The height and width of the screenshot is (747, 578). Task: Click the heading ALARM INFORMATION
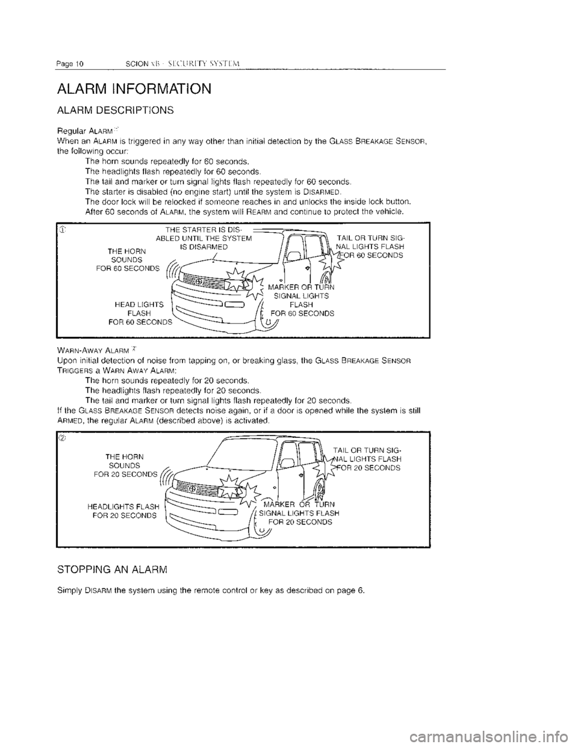click(x=133, y=90)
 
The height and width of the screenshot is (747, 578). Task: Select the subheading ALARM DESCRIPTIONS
click(x=115, y=110)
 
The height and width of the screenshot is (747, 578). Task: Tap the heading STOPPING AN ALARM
click(x=111, y=568)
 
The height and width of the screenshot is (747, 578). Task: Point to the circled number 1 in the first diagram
click(x=63, y=229)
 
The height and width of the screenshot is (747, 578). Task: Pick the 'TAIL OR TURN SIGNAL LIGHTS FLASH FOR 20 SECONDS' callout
click(x=367, y=459)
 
